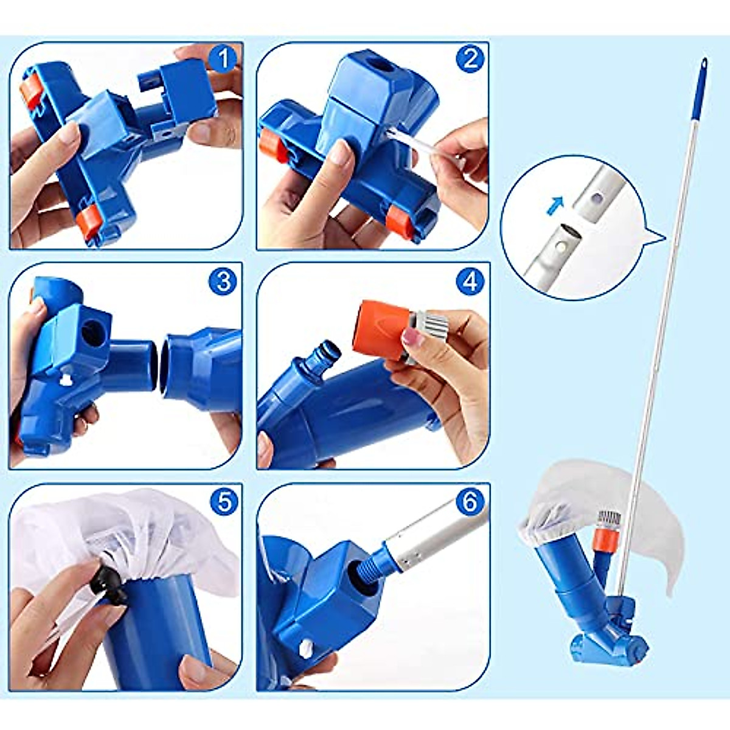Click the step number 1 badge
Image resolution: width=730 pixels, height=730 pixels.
[x=223, y=59]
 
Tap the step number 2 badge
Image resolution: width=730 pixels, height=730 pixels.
[x=470, y=59]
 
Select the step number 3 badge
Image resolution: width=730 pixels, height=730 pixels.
[x=223, y=281]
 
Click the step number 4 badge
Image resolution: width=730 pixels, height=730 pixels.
[x=470, y=281]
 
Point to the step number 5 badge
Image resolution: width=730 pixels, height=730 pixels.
[x=223, y=502]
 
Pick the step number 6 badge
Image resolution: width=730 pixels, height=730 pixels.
[x=470, y=502]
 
